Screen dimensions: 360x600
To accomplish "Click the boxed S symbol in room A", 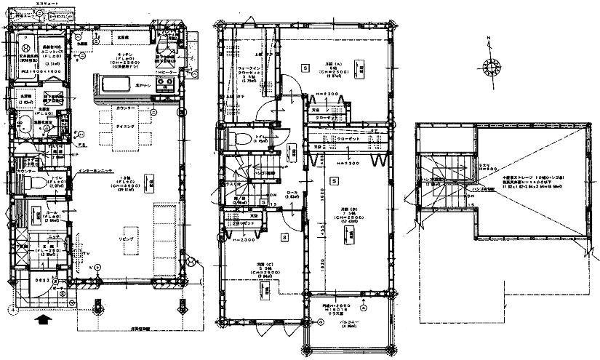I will (304, 67).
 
